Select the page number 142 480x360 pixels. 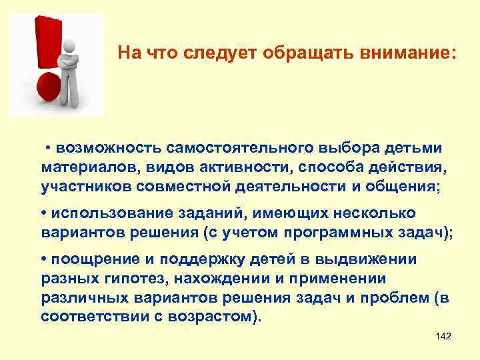443,337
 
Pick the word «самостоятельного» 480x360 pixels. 247,147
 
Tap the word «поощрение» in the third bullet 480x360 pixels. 88,259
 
